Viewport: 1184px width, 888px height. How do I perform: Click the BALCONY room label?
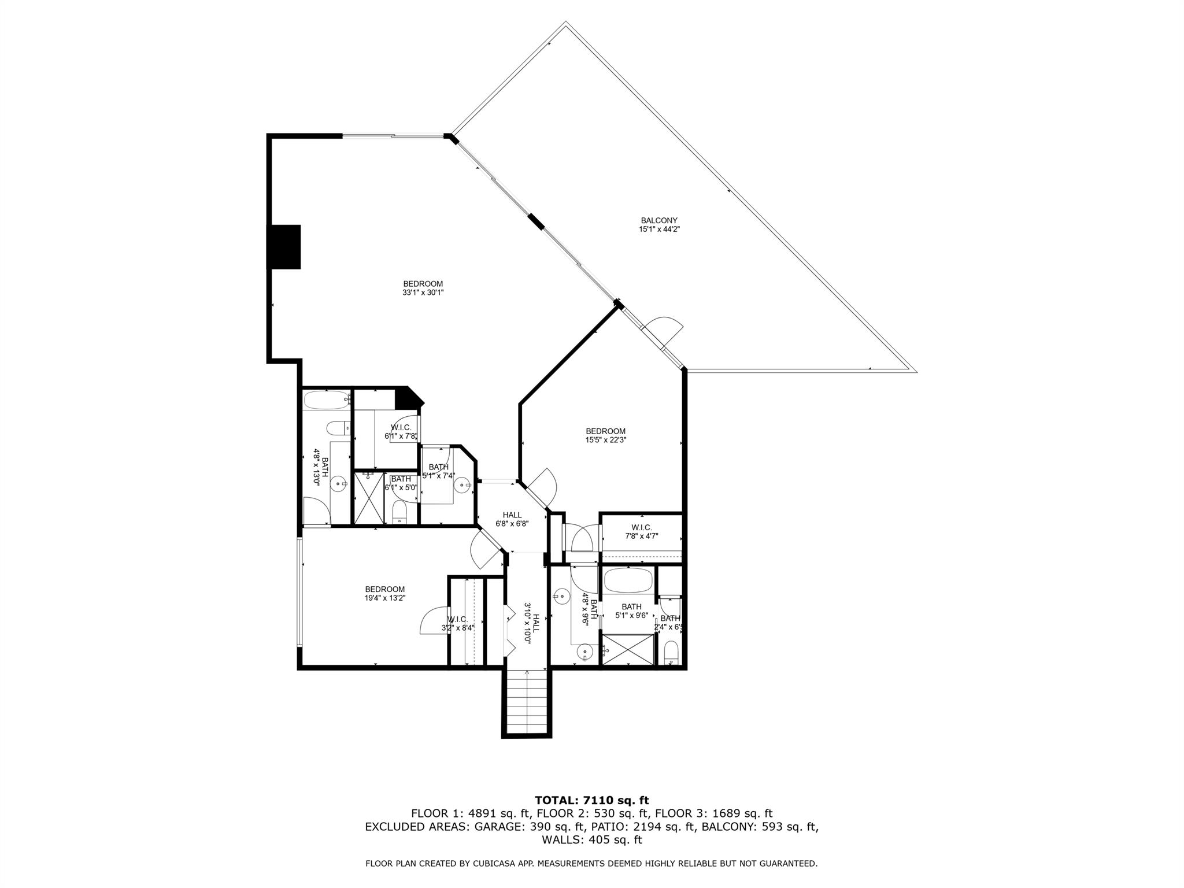658,220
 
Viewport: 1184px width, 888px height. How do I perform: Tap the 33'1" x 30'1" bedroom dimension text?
423,293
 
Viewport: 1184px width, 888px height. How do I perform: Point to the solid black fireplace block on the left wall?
284,247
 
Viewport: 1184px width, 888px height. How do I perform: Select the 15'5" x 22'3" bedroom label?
605,439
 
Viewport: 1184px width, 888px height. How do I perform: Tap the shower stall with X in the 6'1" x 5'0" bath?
368,498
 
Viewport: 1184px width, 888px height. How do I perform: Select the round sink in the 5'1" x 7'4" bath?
462,486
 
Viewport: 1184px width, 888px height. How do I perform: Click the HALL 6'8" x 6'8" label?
512,519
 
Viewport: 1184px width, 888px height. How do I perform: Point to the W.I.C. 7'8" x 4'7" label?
641,531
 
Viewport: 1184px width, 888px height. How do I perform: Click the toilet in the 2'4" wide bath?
671,652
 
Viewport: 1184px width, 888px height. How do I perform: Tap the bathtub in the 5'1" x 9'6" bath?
628,580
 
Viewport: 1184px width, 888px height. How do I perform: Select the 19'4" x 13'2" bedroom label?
384,594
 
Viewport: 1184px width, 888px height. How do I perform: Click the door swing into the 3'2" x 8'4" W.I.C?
432,621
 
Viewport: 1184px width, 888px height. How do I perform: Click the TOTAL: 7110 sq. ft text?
591,801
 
